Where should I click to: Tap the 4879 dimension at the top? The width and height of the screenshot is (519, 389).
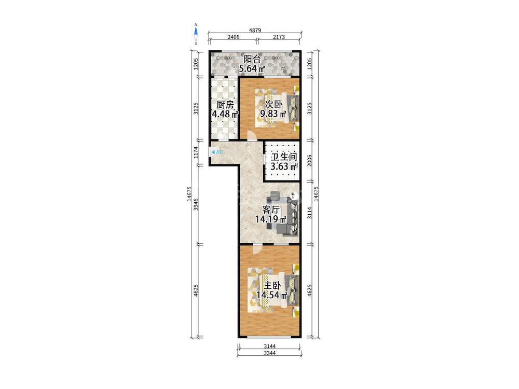point(255,30)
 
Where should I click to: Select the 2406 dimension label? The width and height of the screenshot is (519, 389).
point(234,37)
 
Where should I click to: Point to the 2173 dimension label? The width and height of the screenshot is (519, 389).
point(279,37)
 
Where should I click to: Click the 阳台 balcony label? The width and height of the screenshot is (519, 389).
point(252,59)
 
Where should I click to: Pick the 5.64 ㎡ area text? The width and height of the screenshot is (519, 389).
point(252,69)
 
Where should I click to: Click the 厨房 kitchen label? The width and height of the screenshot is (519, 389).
point(225,105)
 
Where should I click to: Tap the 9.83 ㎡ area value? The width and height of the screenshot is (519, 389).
point(274,114)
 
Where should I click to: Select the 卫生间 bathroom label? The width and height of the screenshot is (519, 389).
point(284,157)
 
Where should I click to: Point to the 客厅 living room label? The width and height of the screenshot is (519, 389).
point(271,210)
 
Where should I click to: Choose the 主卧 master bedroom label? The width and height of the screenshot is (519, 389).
point(272,285)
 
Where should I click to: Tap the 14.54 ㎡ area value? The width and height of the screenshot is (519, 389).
point(271,295)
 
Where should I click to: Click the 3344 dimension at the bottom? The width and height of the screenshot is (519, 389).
point(270,353)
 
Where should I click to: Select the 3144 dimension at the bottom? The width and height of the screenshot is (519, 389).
point(270,346)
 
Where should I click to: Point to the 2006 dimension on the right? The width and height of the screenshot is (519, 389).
point(309,161)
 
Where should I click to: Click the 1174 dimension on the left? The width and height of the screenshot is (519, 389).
point(196,152)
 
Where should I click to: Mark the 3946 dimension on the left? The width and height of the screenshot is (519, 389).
point(196,204)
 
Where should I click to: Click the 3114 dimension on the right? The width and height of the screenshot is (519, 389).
point(309,213)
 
